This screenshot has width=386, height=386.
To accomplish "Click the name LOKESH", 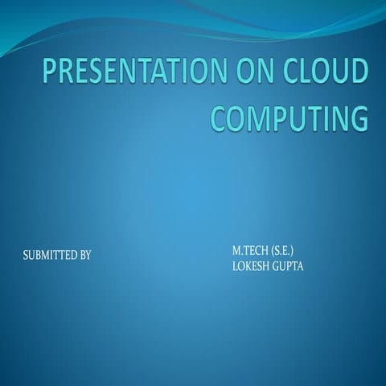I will [x=251, y=265].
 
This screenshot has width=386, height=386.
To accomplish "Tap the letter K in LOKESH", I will [x=246, y=265].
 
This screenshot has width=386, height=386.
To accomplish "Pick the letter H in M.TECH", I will [x=267, y=252].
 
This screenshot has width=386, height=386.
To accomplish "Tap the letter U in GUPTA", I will [x=285, y=265].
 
